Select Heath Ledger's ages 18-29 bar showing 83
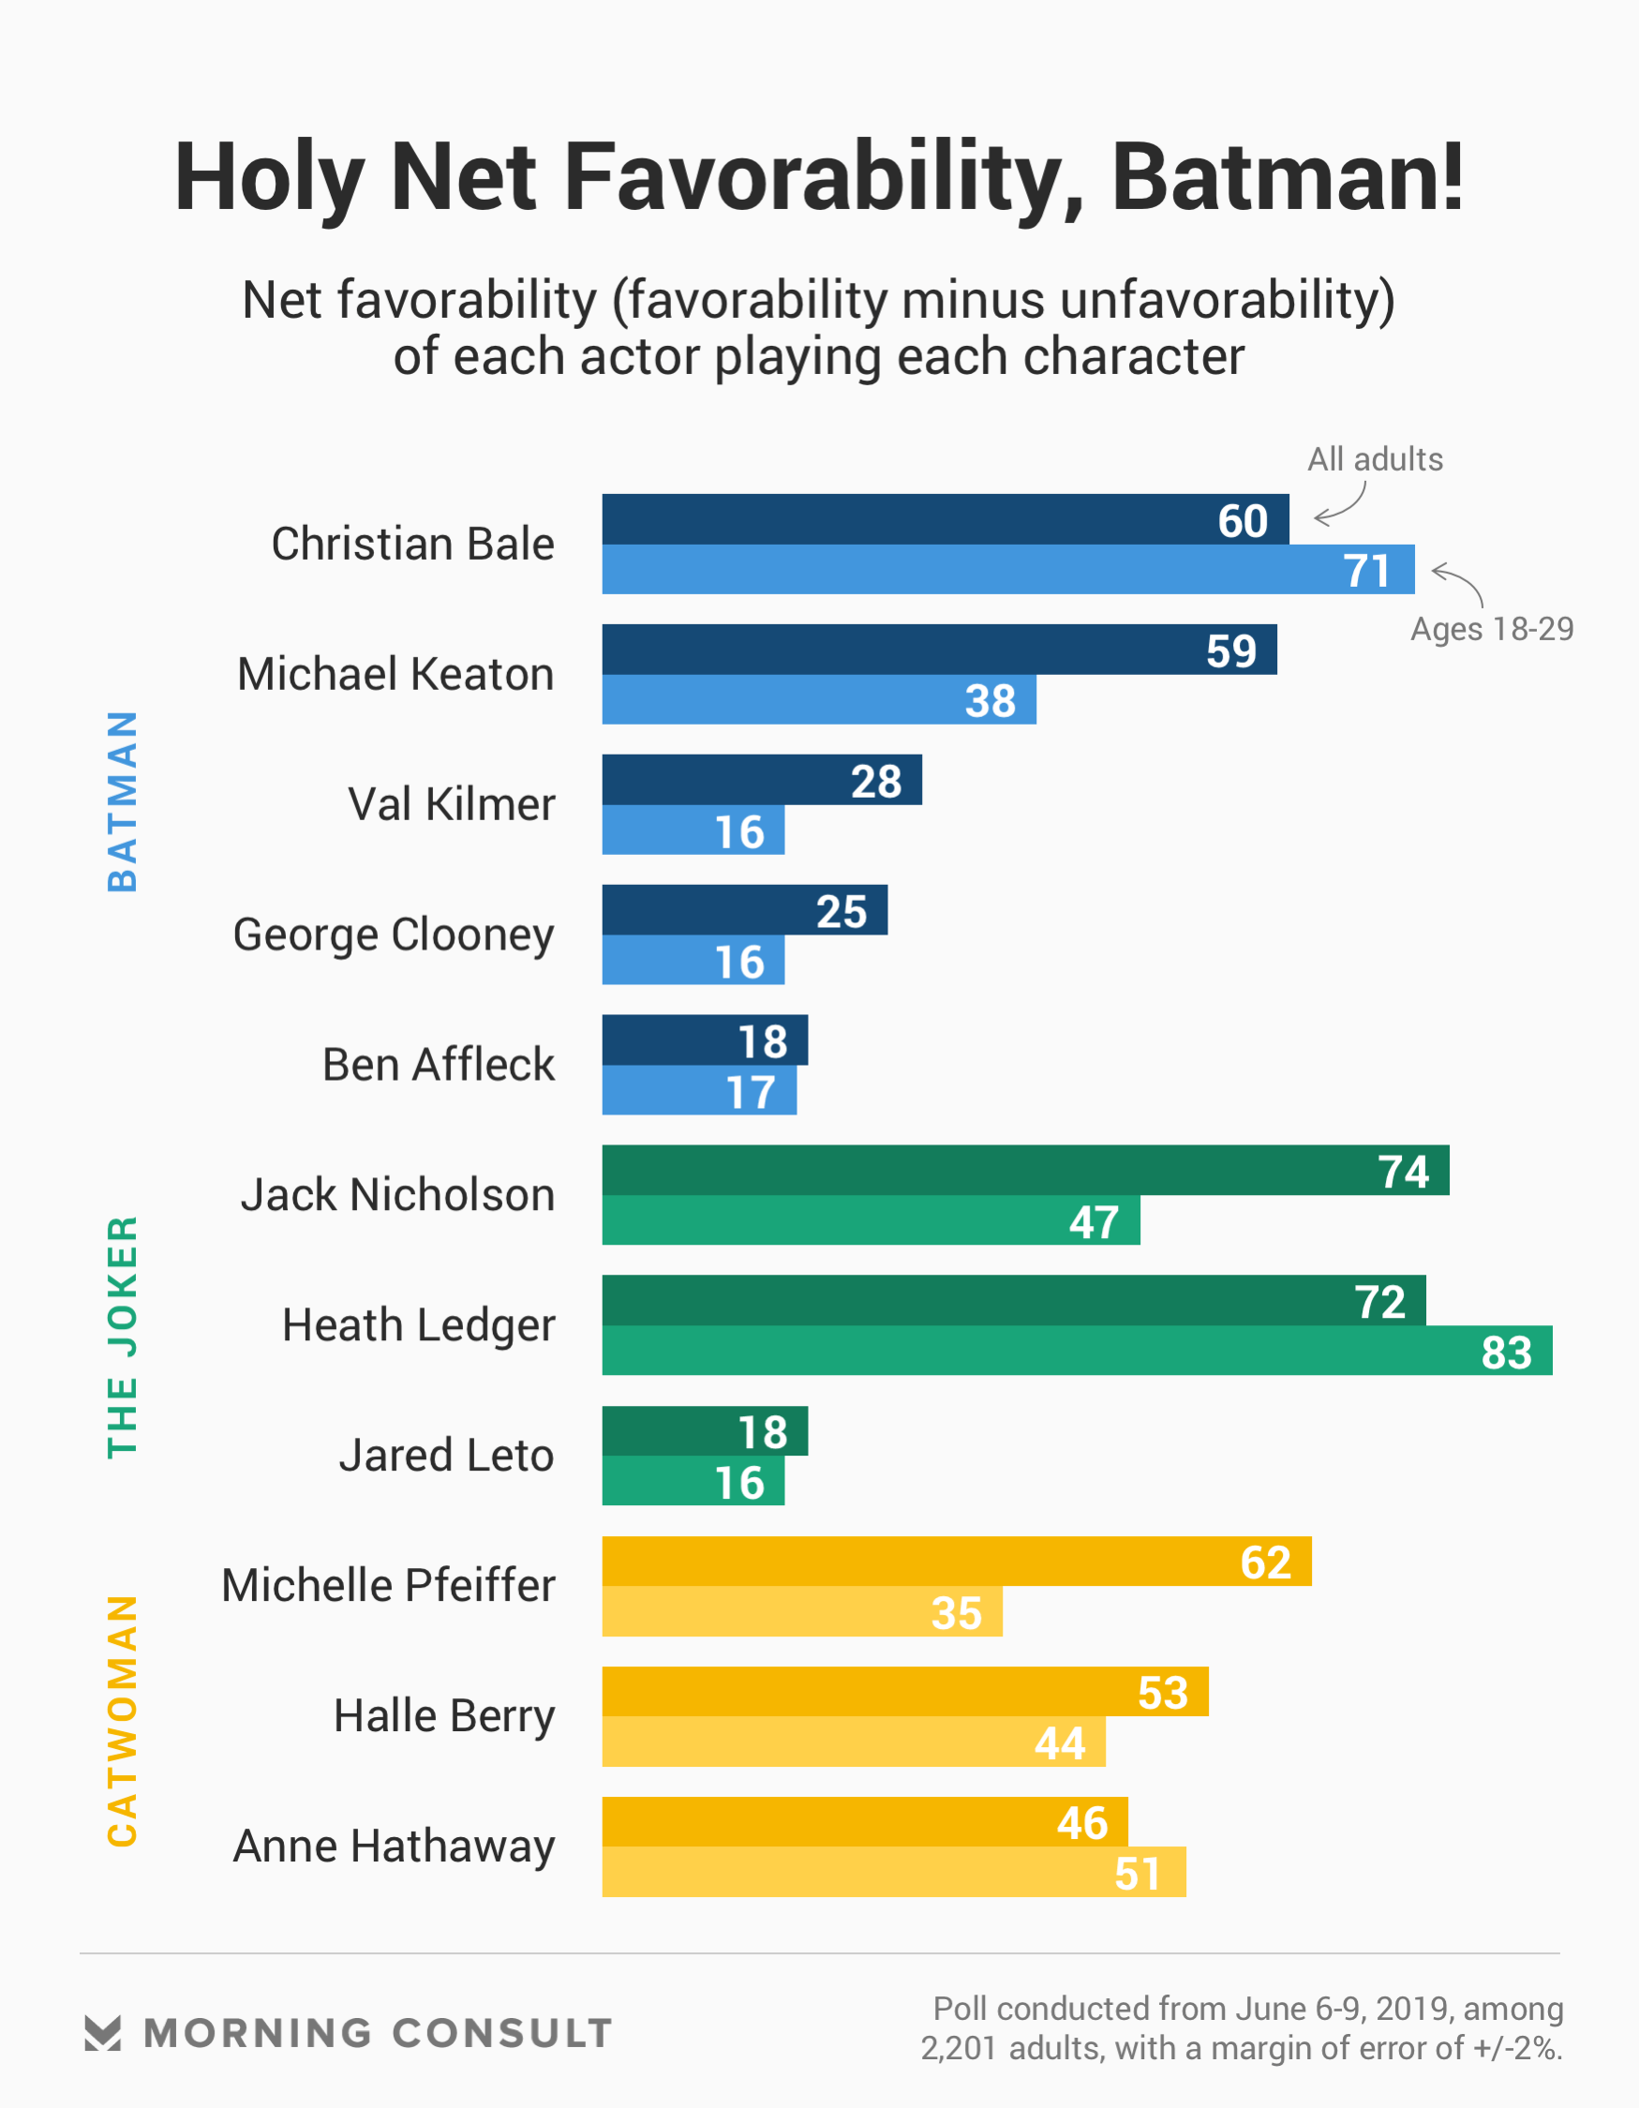tap(1076, 1351)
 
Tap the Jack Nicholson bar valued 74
tap(1025, 1170)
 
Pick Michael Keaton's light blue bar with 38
tap(818, 700)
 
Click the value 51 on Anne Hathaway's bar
tap(1137, 1874)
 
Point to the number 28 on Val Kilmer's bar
tap(875, 781)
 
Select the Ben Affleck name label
tap(439, 1065)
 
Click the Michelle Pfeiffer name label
tap(388, 1585)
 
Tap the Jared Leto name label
tap(446, 1455)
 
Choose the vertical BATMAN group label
tap(123, 801)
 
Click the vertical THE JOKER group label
tap(123, 1336)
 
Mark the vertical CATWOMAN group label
tap(123, 1720)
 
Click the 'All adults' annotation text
tap(1375, 459)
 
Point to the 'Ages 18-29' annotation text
tap(1491, 629)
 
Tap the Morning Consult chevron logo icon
tap(102, 2032)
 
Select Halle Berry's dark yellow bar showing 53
tap(904, 1692)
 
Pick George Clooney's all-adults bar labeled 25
tap(744, 910)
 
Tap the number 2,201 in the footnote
tap(958, 2048)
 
